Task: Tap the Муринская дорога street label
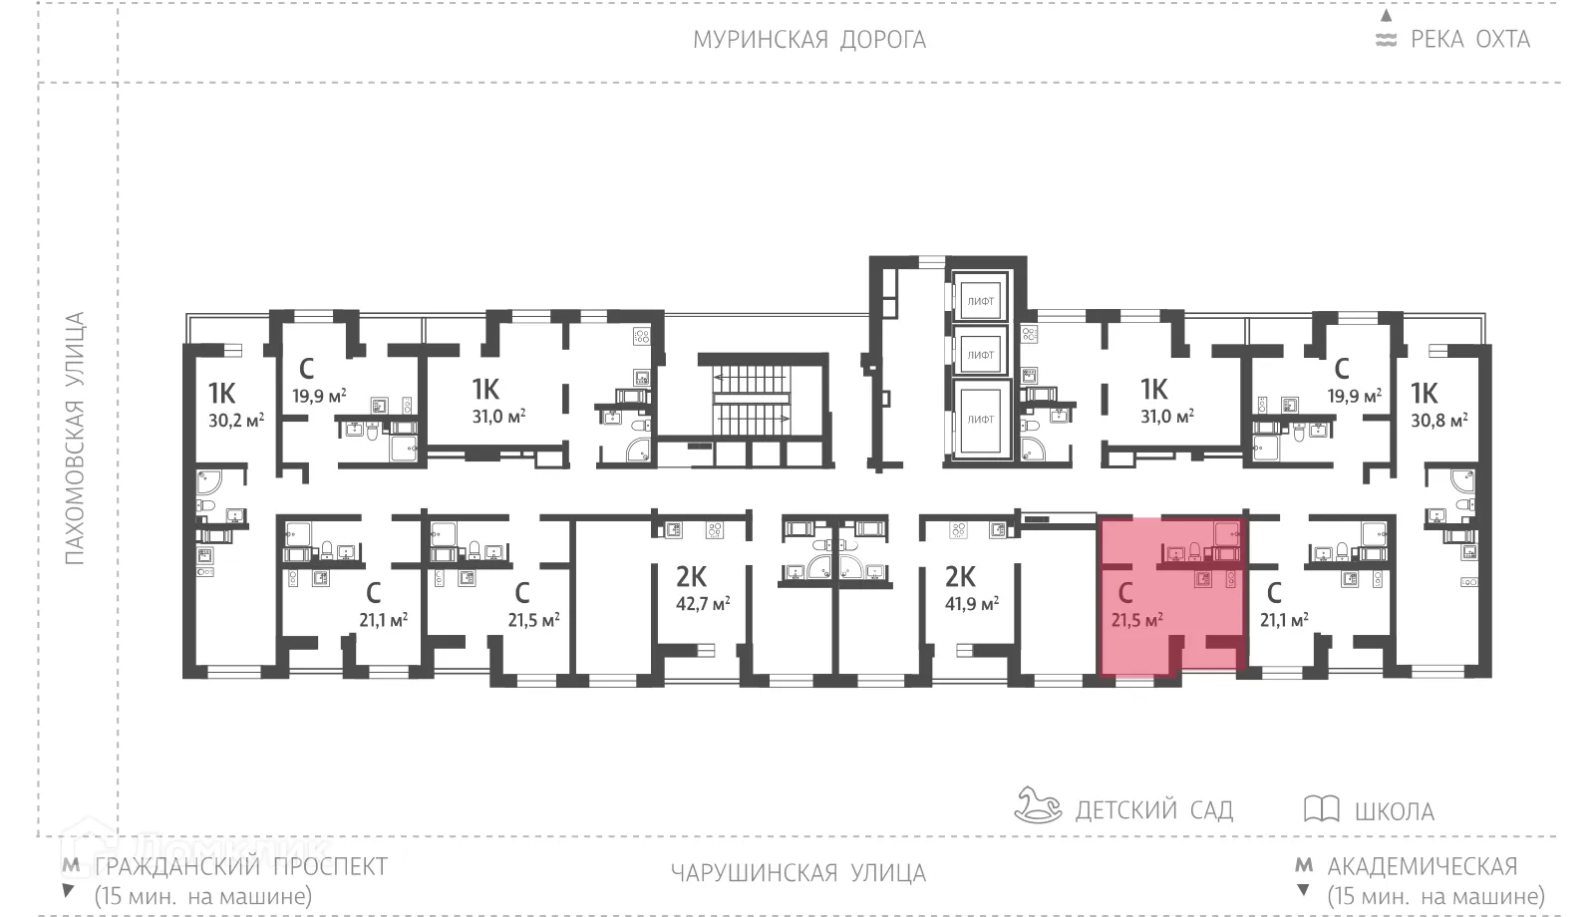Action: pos(809,40)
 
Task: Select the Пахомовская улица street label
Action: pos(75,439)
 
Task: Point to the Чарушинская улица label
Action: pos(797,874)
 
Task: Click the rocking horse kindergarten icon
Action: pos(1038,805)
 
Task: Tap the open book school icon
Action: pos(1321,808)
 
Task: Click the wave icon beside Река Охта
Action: pos(1386,41)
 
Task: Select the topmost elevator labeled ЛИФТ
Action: pos(980,300)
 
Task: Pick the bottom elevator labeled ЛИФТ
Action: pos(980,420)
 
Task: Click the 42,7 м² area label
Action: pos(703,603)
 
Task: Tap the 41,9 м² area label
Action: pos(971,603)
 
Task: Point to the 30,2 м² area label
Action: pos(236,421)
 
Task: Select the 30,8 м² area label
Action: pos(1438,421)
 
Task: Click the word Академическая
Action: pos(1423,866)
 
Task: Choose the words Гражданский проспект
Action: pos(240,866)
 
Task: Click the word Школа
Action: pos(1394,811)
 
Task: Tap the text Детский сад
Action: pos(1153,809)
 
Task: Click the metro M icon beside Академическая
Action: pos(1303,865)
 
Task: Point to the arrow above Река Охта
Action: pos(1386,15)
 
